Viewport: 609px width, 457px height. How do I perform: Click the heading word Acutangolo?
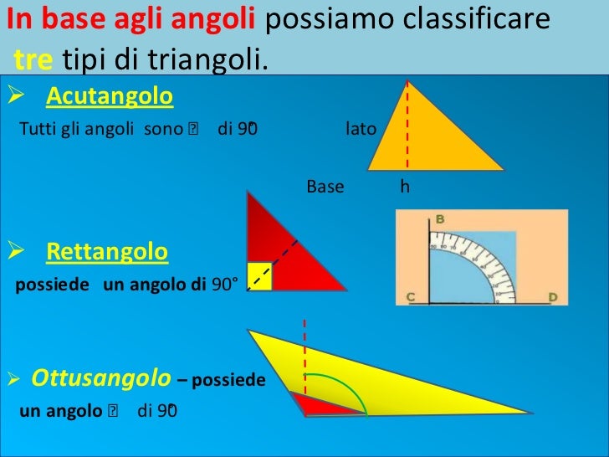point(110,98)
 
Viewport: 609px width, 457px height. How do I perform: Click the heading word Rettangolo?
point(107,251)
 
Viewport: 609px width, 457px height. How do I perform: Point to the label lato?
point(361,131)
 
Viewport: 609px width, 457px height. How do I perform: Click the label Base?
point(325,187)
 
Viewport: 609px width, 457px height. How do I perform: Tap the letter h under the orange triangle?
point(405,187)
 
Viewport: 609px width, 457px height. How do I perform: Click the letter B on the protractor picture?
point(439,219)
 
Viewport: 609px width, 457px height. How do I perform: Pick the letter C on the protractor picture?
point(411,297)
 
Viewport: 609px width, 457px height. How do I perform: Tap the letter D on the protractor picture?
point(552,297)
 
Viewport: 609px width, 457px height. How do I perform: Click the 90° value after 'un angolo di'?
point(225,285)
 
